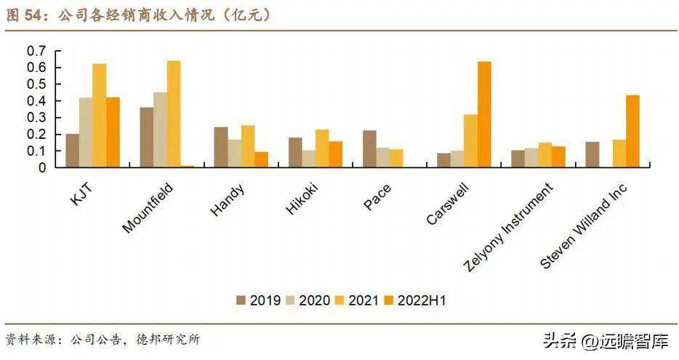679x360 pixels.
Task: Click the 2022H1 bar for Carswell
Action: [484, 114]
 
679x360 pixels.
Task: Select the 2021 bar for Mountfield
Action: [174, 113]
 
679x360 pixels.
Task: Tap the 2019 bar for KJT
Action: [72, 151]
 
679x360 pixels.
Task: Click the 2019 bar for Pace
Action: [369, 149]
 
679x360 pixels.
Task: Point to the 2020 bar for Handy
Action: [234, 153]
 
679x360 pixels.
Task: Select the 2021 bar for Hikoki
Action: [322, 148]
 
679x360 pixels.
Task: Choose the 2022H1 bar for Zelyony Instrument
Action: [558, 157]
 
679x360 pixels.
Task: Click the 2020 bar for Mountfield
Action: [160, 129]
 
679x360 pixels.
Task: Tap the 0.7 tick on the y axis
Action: [36, 51]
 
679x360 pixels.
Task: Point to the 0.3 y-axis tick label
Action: [36, 118]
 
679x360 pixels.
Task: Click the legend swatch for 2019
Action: [241, 300]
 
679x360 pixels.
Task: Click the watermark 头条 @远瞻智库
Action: [604, 340]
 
